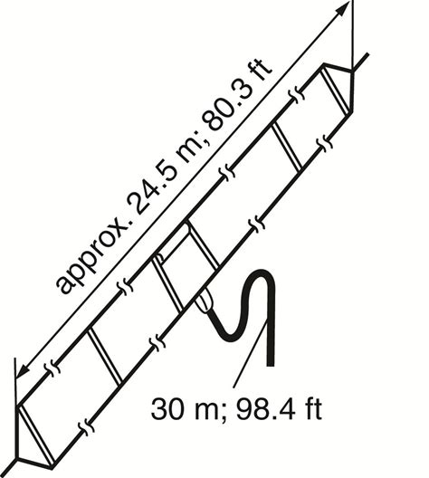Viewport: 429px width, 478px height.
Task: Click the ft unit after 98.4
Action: [311, 408]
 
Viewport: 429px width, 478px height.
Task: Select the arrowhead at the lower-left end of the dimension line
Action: [23, 369]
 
